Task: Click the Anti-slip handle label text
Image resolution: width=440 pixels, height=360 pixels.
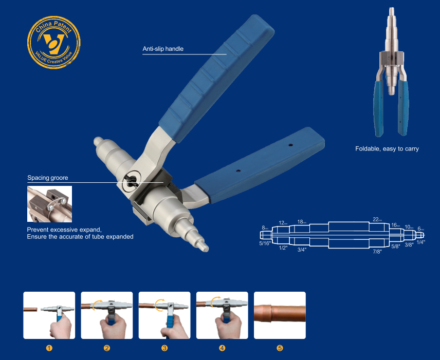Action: (163, 49)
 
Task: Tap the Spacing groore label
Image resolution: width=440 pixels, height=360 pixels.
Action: (48, 178)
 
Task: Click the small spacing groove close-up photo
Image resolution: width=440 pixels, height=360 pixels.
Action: (49, 204)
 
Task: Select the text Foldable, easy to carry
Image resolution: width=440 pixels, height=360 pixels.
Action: (387, 149)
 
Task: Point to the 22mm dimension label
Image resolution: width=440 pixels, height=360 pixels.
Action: (377, 220)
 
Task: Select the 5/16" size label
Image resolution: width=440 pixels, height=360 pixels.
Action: (265, 243)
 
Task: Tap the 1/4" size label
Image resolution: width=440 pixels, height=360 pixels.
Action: (420, 241)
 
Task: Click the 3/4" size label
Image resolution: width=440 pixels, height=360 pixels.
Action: (302, 250)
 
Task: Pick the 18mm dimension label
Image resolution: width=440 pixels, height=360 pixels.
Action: (302, 222)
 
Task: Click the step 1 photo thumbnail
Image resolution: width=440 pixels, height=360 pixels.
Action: (49, 315)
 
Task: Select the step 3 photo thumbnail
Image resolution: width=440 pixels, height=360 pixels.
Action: (164, 315)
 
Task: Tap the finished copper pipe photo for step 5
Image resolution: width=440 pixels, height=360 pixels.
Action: (280, 315)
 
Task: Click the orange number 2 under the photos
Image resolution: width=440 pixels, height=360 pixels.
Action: (107, 348)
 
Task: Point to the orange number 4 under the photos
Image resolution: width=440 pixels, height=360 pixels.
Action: (222, 348)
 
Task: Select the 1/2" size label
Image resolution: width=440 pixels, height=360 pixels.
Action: (282, 248)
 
